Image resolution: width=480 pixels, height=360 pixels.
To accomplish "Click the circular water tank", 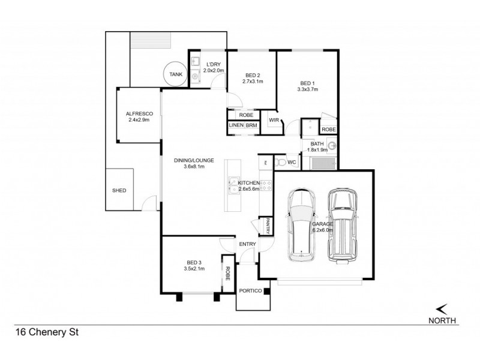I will pyautogui.click(x=175, y=74).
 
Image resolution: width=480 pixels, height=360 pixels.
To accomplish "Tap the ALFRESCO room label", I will pyautogui.click(x=138, y=113).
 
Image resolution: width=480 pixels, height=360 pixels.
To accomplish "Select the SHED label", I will pyautogui.click(x=119, y=190).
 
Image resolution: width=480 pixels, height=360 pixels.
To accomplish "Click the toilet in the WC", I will pyautogui.click(x=279, y=162).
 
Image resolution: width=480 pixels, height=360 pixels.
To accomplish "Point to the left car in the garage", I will pyautogui.click(x=301, y=225).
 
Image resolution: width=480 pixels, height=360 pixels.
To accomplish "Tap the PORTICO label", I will pyautogui.click(x=250, y=291).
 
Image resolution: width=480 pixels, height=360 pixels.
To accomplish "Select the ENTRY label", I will pyautogui.click(x=247, y=244).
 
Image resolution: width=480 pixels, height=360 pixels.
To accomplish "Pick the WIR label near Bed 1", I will pyautogui.click(x=274, y=120).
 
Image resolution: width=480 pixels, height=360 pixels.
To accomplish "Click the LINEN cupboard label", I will pyautogui.click(x=235, y=125).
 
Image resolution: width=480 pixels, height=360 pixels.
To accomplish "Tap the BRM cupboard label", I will pyautogui.click(x=250, y=125).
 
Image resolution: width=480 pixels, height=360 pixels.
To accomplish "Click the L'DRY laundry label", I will pyautogui.click(x=214, y=64).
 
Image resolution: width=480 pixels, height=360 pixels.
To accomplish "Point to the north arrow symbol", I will pyautogui.click(x=443, y=308).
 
